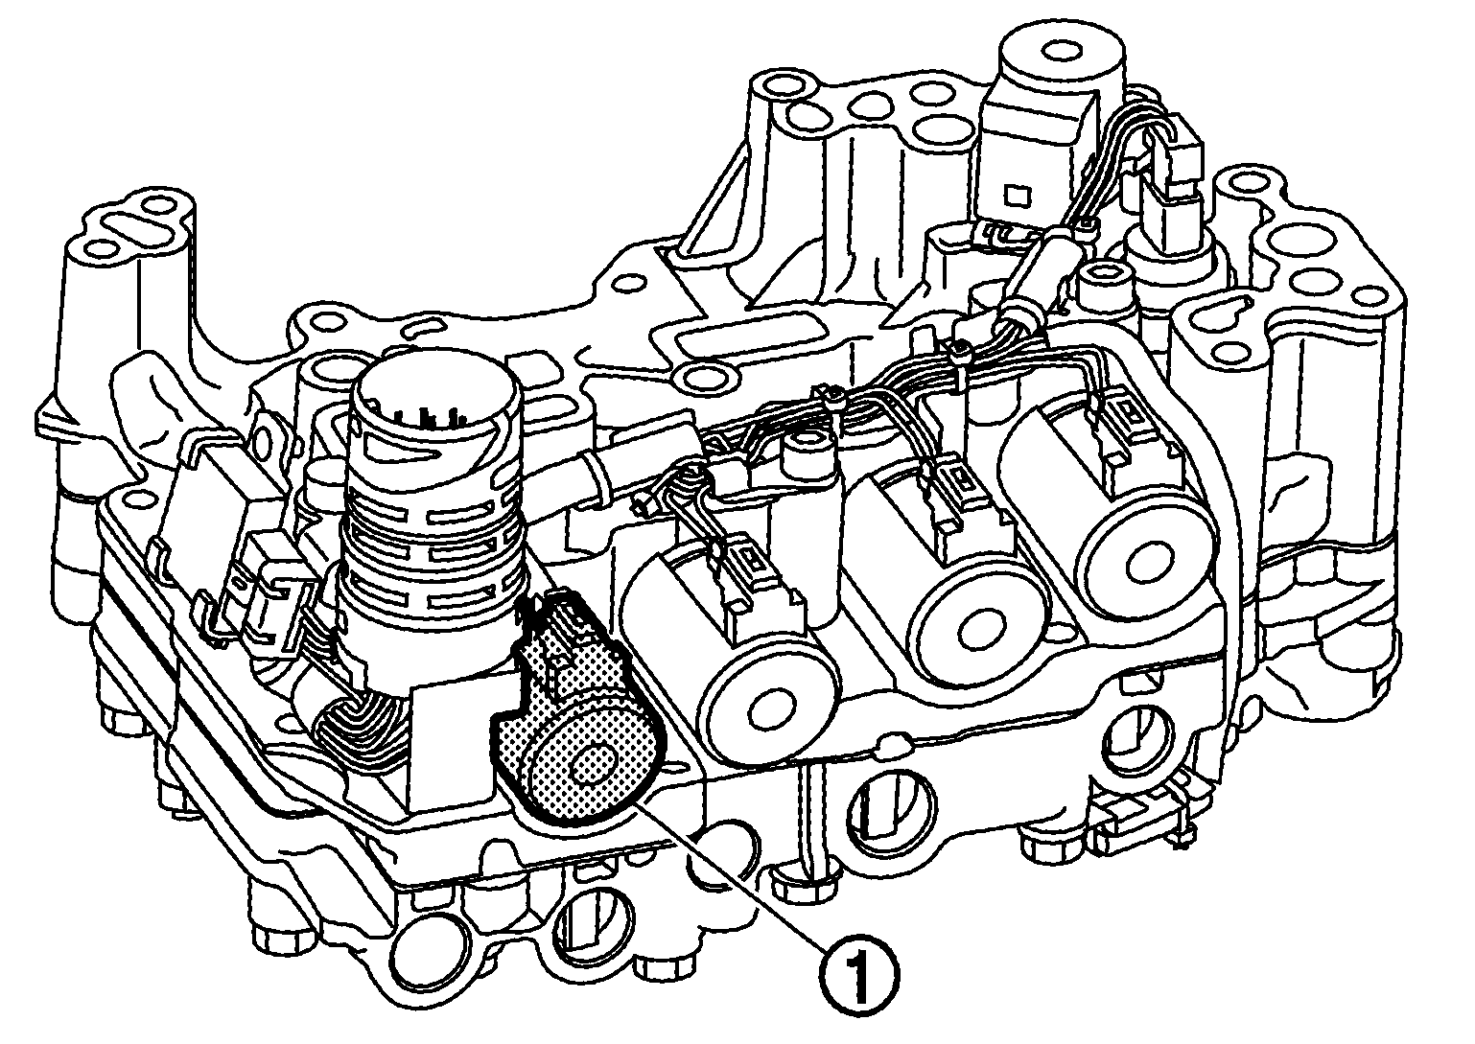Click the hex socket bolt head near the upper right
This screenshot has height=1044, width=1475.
(1094, 282)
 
